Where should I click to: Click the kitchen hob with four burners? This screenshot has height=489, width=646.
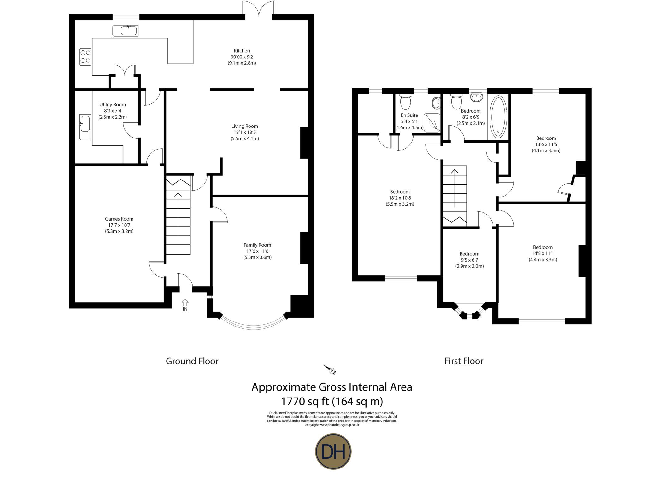(x=85, y=56)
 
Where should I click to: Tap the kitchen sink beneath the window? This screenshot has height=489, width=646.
(x=125, y=31)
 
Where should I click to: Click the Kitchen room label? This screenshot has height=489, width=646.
(x=242, y=51)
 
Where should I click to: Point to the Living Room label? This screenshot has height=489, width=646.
(x=244, y=126)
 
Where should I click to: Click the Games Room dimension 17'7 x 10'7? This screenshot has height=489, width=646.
(x=119, y=225)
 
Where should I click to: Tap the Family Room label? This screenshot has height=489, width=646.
(x=257, y=245)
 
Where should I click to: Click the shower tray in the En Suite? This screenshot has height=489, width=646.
(x=432, y=122)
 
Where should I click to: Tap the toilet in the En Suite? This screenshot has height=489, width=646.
(x=405, y=102)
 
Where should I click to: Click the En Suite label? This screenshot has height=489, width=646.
(x=409, y=115)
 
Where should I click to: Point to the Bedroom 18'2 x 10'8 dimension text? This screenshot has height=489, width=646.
(x=400, y=198)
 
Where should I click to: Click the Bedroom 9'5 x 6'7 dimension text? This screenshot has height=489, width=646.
(x=469, y=260)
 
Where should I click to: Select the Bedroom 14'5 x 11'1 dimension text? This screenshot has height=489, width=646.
(x=543, y=254)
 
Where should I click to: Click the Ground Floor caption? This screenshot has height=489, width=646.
(x=192, y=361)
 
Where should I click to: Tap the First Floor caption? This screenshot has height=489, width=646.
(x=463, y=361)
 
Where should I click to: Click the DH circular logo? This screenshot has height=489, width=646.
(x=333, y=452)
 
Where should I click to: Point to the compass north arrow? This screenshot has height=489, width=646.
(x=331, y=370)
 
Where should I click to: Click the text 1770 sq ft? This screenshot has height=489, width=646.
(x=305, y=402)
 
